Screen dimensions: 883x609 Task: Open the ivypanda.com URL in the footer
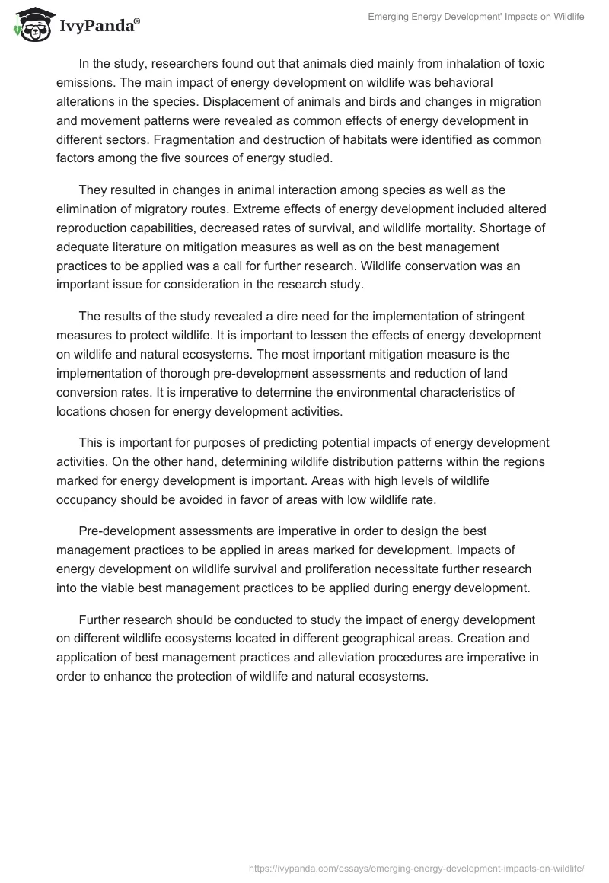[416, 867]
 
